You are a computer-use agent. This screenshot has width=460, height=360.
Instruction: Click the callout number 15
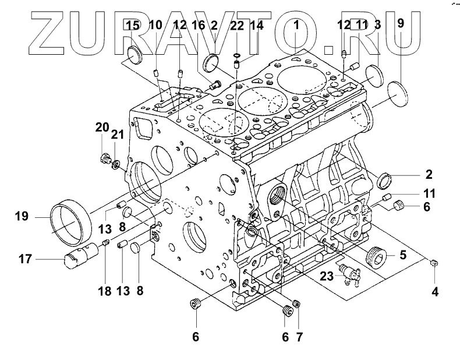click(x=133, y=26)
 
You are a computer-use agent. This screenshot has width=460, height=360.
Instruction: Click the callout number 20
click(x=102, y=128)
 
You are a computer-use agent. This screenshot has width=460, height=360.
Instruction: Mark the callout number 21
click(x=118, y=135)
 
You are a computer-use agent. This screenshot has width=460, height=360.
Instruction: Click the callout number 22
click(x=236, y=26)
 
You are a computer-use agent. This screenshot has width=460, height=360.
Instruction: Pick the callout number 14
click(x=257, y=26)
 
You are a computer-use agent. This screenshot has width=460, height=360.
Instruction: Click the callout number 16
click(x=198, y=26)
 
